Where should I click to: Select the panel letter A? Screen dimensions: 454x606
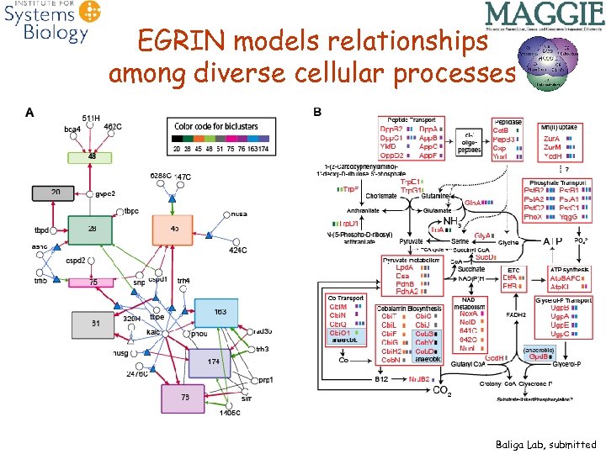[x=31, y=112]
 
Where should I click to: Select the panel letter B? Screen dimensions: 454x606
[x=317, y=112]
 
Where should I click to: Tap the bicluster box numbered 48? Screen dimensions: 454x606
[x=89, y=156]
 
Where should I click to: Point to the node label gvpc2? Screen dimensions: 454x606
[x=104, y=193]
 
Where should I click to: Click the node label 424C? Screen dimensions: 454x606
[x=239, y=250]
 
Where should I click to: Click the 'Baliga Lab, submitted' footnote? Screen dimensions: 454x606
[x=545, y=444]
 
